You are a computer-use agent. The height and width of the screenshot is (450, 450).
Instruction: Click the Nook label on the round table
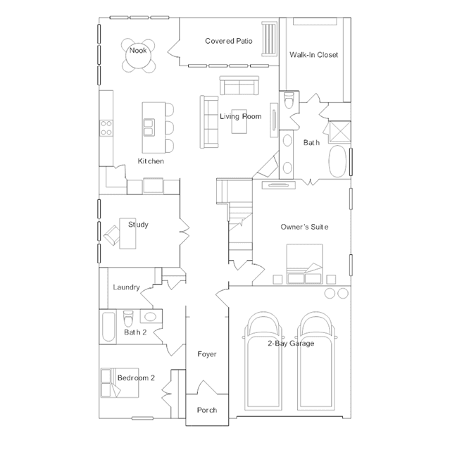point(138,51)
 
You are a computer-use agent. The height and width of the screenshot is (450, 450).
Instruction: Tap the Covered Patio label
point(229,41)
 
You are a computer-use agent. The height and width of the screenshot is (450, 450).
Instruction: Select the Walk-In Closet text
point(313,55)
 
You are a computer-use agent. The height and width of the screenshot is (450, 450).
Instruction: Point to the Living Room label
point(241,116)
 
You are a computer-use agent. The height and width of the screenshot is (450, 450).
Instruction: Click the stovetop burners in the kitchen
point(106,128)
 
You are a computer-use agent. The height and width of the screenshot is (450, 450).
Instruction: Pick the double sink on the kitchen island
point(149,127)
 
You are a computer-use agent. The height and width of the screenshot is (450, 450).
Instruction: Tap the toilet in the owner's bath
point(289,100)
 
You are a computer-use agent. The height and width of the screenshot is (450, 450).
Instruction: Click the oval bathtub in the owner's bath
point(337,161)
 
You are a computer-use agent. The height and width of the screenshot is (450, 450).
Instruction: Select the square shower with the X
point(340,132)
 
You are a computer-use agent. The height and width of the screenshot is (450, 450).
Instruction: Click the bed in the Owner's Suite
point(304,264)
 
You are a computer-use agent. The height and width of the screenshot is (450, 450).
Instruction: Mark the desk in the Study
point(127,233)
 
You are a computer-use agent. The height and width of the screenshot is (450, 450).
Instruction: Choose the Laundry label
point(126,287)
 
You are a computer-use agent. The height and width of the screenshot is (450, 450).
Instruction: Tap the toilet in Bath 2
point(128,318)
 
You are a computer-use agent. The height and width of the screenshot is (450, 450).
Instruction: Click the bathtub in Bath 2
point(108,327)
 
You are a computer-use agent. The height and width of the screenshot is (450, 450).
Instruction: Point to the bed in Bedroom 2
point(120,383)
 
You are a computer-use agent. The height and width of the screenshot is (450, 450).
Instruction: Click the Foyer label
point(207,354)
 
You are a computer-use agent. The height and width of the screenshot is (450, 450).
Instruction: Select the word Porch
point(207,410)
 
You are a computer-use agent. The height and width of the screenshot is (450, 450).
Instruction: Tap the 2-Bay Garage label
point(291,344)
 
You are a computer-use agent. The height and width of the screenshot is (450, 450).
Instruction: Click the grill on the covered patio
point(269,39)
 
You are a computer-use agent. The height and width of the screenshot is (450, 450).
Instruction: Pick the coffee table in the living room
point(239,121)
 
